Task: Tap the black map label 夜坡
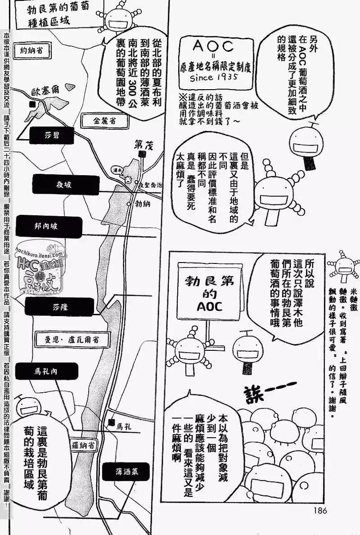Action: click(x=65, y=185)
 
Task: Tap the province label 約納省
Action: click(x=34, y=51)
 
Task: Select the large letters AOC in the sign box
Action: click(x=213, y=47)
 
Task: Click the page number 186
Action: click(x=318, y=510)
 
